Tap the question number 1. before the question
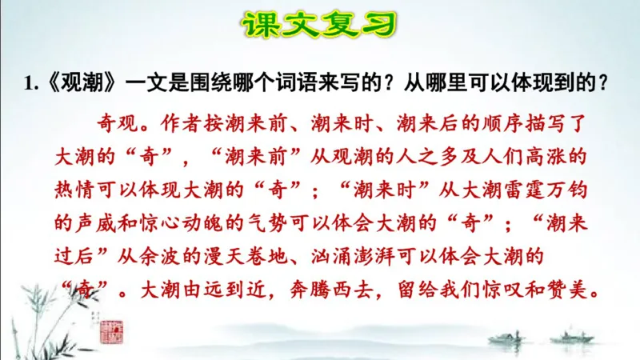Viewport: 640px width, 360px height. tap(31, 82)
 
